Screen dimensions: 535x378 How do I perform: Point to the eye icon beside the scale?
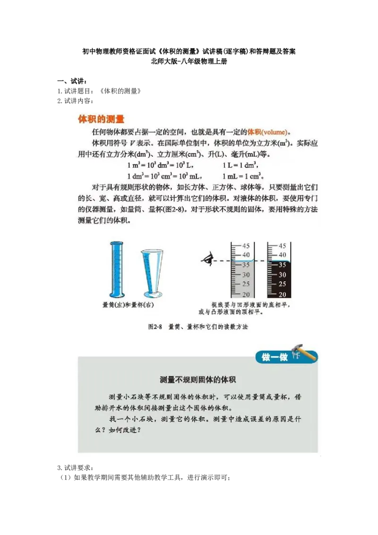point(207,259)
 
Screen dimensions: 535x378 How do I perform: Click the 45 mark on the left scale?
point(246,246)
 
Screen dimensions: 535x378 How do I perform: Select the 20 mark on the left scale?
point(246,294)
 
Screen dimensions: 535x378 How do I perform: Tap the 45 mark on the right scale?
point(282,246)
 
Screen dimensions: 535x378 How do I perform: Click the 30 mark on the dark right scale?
point(282,275)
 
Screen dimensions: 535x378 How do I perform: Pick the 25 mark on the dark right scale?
point(282,285)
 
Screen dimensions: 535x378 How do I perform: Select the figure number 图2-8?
point(155,327)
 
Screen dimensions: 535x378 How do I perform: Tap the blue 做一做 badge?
point(275,357)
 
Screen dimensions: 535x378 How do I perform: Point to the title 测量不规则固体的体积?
point(198,380)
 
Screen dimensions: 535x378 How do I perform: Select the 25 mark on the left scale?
point(246,285)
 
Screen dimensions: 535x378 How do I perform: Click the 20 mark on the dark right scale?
point(282,294)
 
